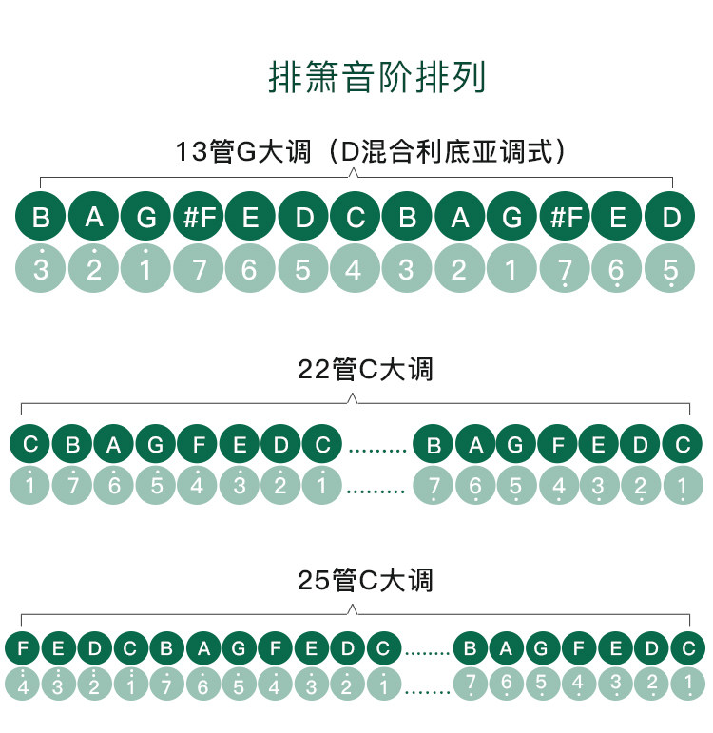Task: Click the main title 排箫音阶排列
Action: point(376,77)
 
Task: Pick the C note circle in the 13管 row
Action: point(355,218)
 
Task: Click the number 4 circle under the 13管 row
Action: point(355,270)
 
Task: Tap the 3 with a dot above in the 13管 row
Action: point(41,270)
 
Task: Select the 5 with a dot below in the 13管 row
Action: point(670,270)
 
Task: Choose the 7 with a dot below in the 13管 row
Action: point(566,270)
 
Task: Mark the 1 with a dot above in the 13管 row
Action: point(145,270)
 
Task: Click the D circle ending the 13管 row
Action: point(670,218)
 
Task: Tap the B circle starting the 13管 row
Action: point(41,218)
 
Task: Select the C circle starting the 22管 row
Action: point(30,444)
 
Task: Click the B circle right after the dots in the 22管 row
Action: point(434,444)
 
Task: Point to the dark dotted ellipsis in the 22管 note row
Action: point(377,447)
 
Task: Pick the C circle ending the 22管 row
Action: point(682,444)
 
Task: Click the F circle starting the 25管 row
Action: point(24,649)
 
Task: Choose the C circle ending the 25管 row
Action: point(687,649)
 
